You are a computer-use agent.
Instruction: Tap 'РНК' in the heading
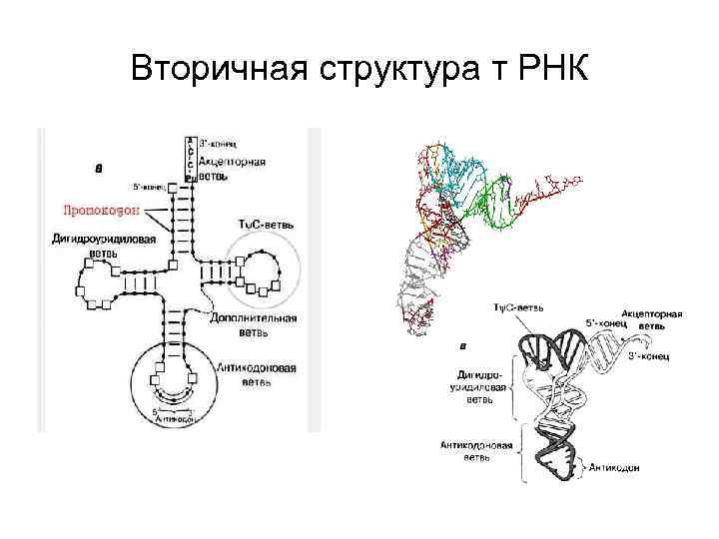click(x=553, y=72)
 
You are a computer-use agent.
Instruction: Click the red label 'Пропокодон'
click(x=100, y=212)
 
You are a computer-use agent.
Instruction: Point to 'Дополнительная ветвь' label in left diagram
click(x=254, y=323)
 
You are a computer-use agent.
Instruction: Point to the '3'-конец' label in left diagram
click(x=219, y=144)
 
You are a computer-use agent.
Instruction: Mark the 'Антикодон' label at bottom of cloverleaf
click(x=176, y=421)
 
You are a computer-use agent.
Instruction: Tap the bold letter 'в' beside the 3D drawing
click(x=461, y=346)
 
